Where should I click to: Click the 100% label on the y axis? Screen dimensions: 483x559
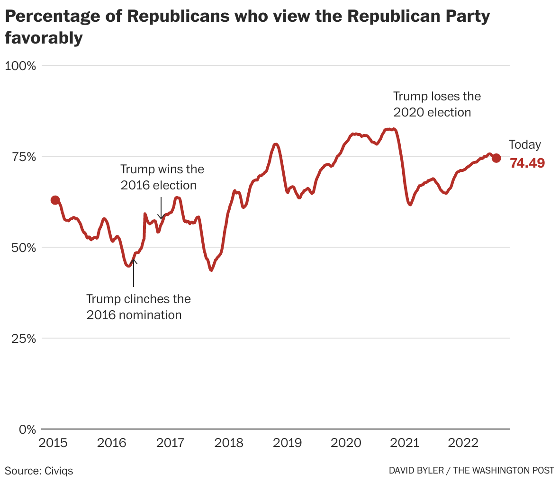pos(20,65)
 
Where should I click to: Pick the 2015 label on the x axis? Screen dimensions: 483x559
pos(53,443)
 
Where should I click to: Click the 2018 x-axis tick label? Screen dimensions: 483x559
pos(229,443)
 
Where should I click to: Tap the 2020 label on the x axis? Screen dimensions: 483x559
pos(346,443)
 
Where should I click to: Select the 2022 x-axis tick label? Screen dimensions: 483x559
pos(463,443)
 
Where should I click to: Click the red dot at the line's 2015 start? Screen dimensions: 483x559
pos(55,200)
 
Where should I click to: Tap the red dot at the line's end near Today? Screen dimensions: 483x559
pos(496,158)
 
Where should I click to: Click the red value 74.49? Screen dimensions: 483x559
pos(527,163)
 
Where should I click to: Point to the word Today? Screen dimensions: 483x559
pos(525,145)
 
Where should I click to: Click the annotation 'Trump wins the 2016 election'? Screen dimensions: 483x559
pos(162,177)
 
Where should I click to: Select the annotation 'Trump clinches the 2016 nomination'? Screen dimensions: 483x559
pos(138,307)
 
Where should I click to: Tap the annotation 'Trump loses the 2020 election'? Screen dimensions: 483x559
pos(437,104)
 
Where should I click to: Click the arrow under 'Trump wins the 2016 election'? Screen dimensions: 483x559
pos(161,208)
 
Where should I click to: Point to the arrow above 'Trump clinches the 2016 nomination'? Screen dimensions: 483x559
pos(134,272)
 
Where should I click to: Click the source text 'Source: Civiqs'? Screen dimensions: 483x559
pos(39,471)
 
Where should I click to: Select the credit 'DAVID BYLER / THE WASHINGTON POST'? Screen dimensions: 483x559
pos(471,470)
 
